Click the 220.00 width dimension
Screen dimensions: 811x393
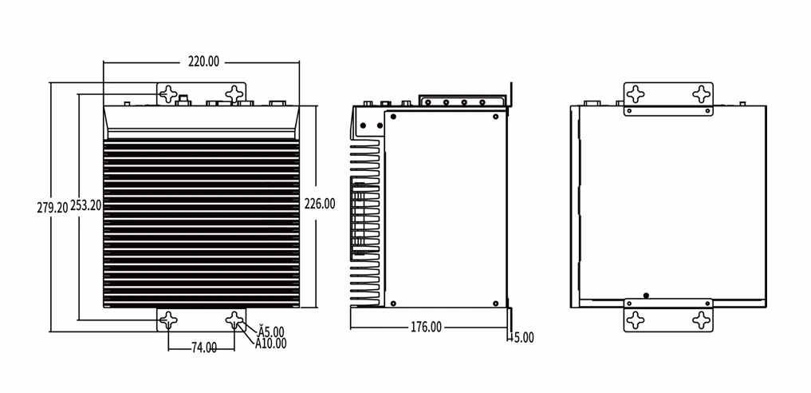(x=203, y=62)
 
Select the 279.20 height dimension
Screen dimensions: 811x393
(x=53, y=208)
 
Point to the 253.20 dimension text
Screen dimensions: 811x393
(x=86, y=205)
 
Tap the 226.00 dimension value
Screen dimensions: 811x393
(x=319, y=204)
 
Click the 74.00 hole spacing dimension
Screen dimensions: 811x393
(x=204, y=347)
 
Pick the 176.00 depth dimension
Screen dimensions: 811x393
(x=426, y=327)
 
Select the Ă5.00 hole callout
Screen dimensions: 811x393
(x=270, y=331)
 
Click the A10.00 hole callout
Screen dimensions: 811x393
(x=270, y=343)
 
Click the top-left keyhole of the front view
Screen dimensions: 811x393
(x=168, y=94)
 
